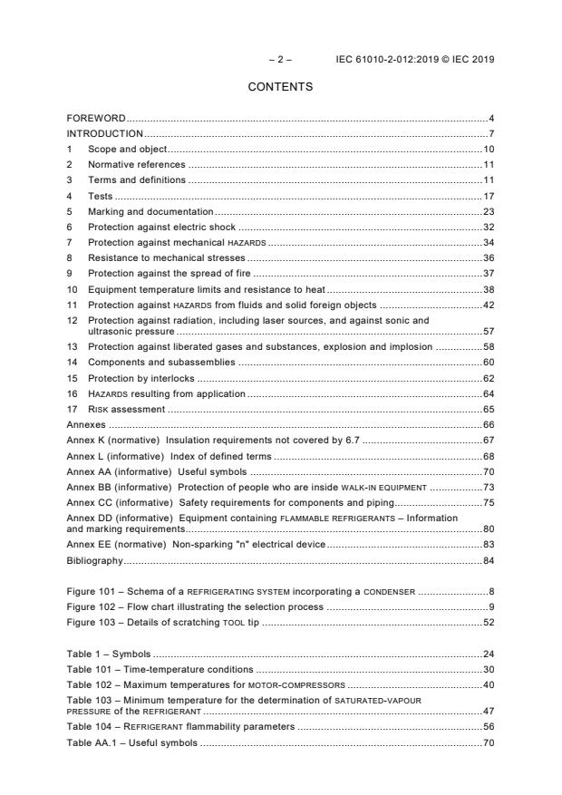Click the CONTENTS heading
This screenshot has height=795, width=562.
[280, 87]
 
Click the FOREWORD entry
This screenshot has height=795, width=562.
[96, 119]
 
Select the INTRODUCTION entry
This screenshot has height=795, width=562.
[105, 133]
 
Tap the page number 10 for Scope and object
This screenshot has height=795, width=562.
[488, 149]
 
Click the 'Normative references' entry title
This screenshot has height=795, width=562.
[136, 165]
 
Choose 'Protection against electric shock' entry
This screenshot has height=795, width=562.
[161, 227]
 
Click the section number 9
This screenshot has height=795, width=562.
[70, 273]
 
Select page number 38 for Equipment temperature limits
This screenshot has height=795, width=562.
[488, 289]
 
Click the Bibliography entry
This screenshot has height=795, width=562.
[94, 560]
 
